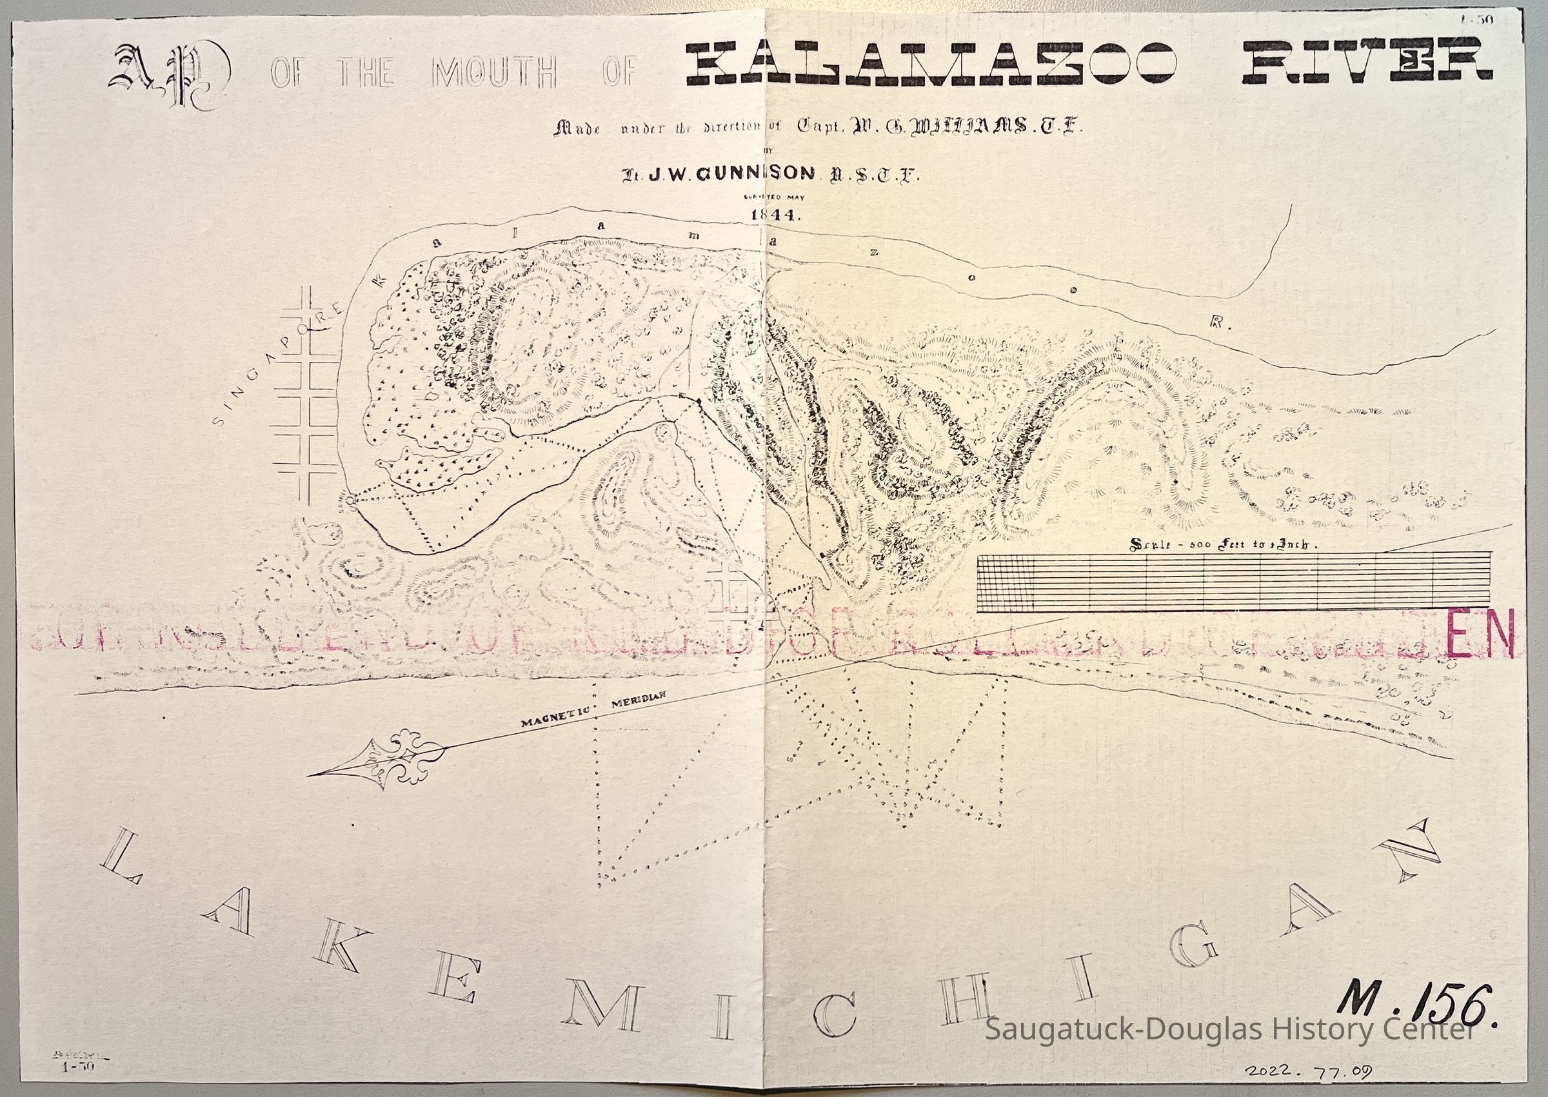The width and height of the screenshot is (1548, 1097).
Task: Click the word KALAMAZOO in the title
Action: point(931,66)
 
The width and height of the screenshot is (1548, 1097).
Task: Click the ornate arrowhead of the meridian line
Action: point(378,760)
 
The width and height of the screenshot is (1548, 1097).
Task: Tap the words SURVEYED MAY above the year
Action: point(774,197)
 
